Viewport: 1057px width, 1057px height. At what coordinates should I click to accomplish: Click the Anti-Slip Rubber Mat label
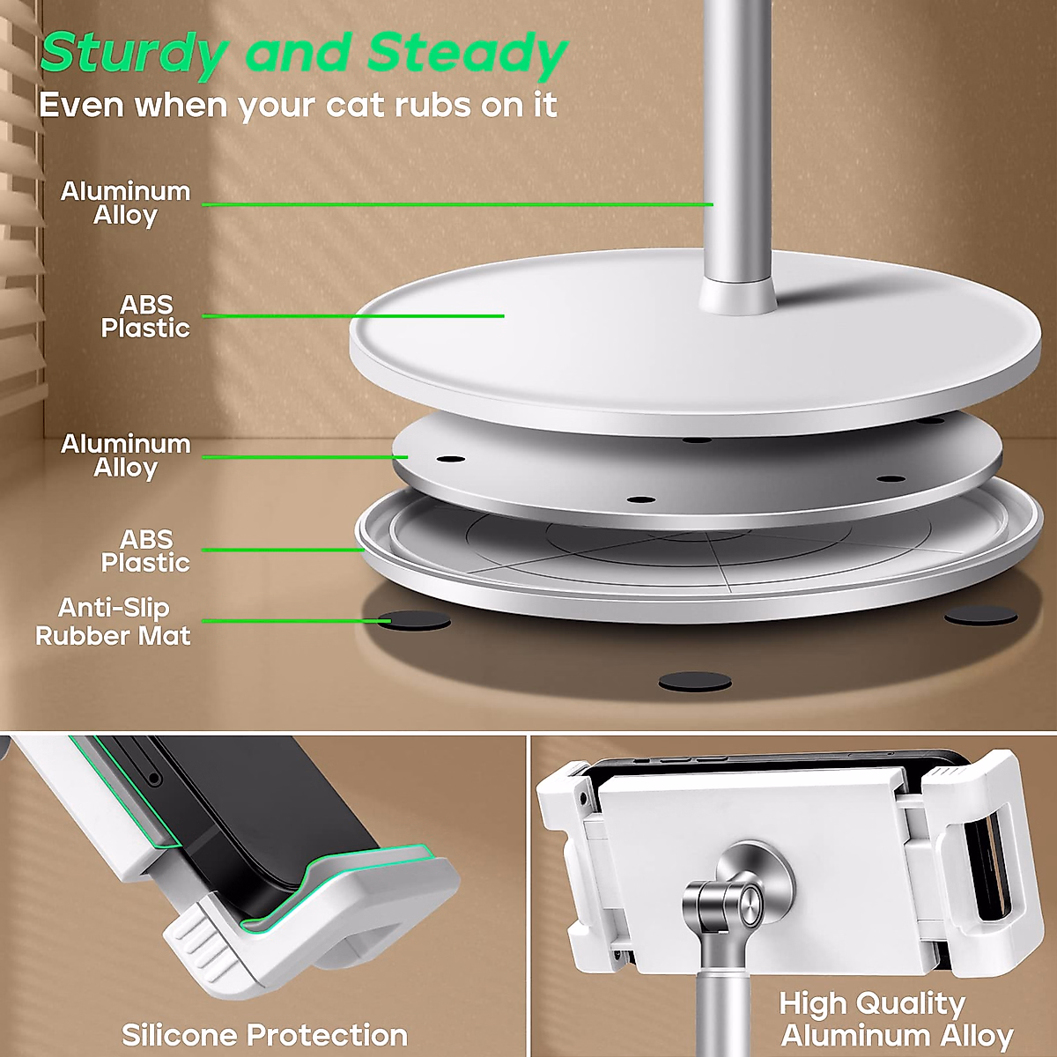pyautogui.click(x=113, y=622)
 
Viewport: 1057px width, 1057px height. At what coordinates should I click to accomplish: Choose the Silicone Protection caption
pyautogui.click(x=264, y=1034)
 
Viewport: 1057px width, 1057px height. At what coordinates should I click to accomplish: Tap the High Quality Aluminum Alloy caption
pyautogui.click(x=896, y=1019)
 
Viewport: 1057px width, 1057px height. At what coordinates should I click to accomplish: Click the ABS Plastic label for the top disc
pyautogui.click(x=145, y=316)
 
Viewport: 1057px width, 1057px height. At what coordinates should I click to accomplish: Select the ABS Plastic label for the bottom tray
pyautogui.click(x=145, y=551)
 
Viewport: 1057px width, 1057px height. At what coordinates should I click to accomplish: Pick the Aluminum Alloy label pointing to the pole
pyautogui.click(x=125, y=203)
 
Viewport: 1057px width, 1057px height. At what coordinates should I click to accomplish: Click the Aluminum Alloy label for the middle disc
pyautogui.click(x=125, y=455)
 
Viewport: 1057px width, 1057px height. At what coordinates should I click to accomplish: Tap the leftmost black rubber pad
pyautogui.click(x=414, y=621)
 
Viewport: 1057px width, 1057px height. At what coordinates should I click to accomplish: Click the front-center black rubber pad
pyautogui.click(x=695, y=682)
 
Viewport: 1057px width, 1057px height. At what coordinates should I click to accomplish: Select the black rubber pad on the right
pyautogui.click(x=980, y=616)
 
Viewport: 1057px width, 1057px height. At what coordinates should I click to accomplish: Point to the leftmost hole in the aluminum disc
pyautogui.click(x=450, y=460)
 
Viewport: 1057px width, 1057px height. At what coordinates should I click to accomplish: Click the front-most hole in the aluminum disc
pyautogui.click(x=640, y=499)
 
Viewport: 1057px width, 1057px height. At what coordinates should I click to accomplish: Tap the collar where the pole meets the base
pyautogui.click(x=738, y=297)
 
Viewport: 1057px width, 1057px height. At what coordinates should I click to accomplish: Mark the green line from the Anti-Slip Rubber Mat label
pyautogui.click(x=291, y=621)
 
